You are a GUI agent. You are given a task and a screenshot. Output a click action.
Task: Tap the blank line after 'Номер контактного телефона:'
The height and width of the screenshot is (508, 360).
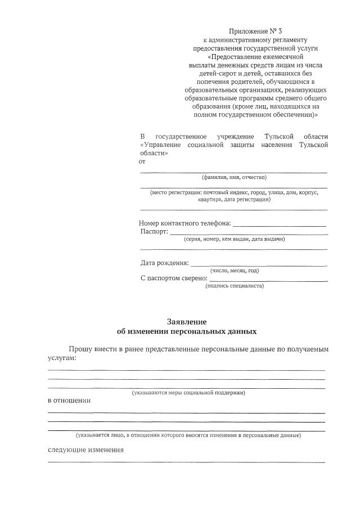coord(280,225)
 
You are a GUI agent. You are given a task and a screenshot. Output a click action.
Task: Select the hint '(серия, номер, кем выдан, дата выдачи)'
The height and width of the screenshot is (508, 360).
coord(235,239)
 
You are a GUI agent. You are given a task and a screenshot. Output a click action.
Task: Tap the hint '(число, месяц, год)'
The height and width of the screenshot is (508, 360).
coord(235,271)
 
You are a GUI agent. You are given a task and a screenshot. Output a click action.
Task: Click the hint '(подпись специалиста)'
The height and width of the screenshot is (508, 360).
coord(235,286)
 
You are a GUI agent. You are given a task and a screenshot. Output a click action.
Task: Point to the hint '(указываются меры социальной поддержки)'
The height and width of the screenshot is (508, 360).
coord(188,393)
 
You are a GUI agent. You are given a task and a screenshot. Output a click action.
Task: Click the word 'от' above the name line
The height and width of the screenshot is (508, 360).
coord(142,161)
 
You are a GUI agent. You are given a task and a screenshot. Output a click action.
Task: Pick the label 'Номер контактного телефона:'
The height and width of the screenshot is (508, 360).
coord(185,223)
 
